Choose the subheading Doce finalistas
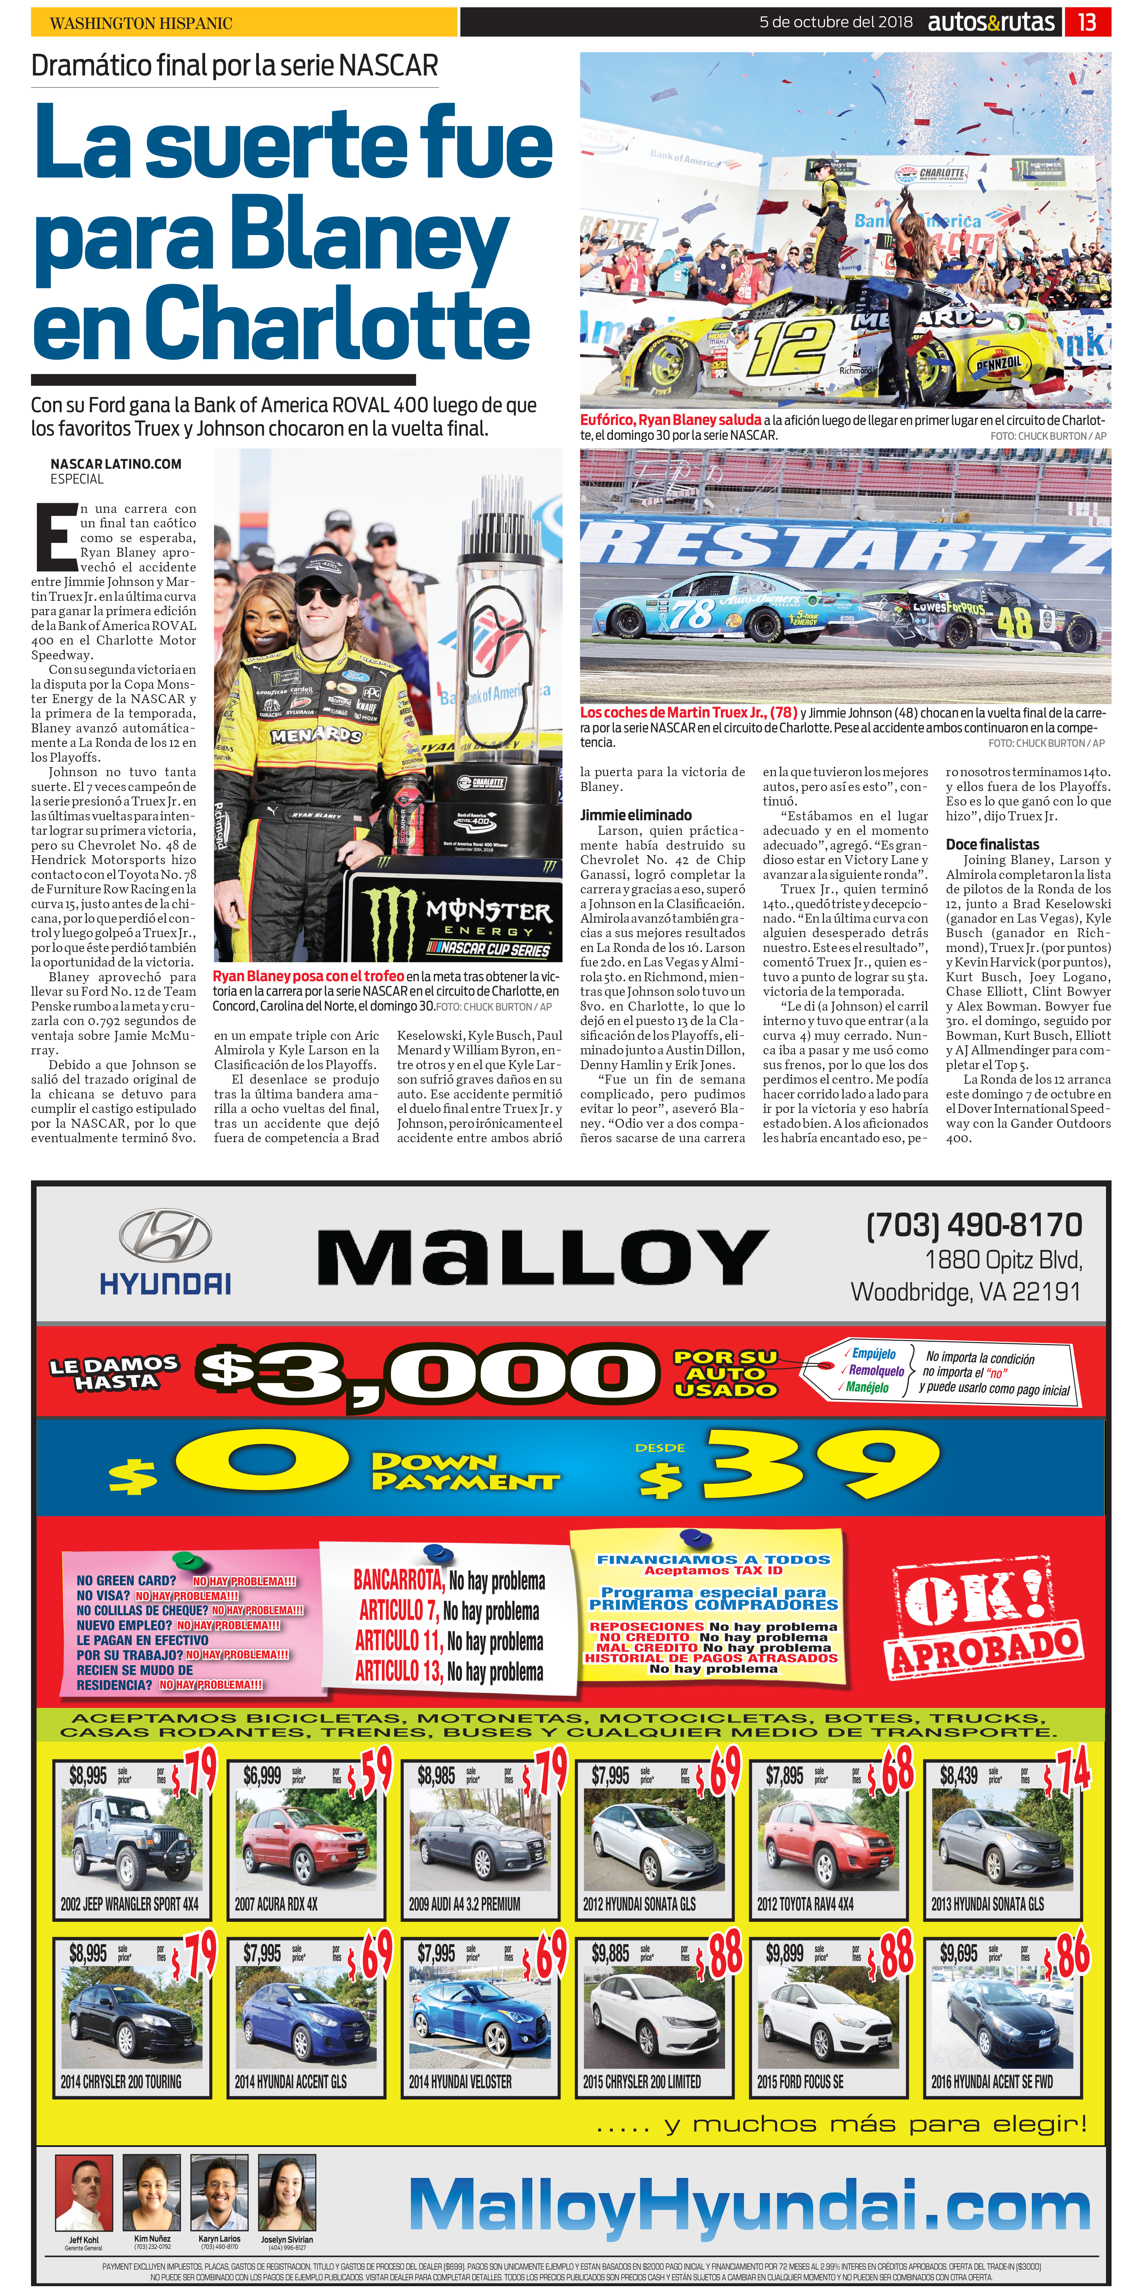click(x=992, y=843)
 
